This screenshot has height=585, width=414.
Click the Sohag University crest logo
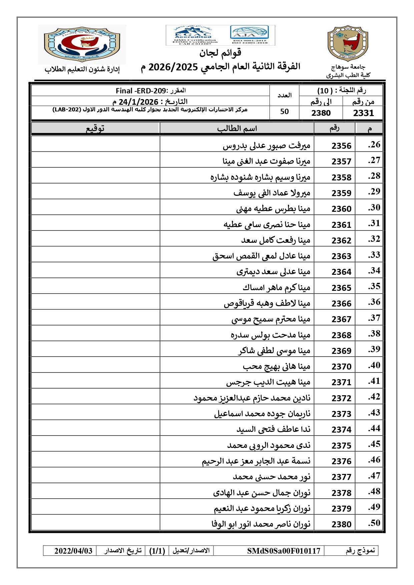pos(348,43)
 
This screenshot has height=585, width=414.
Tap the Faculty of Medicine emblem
pos(82,44)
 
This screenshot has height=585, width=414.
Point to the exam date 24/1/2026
pos(138,102)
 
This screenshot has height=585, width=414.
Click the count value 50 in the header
pos(284,112)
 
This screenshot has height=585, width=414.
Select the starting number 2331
pos(363,113)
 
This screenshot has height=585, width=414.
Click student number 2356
pos(341,146)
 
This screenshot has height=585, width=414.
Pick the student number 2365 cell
pos(341,288)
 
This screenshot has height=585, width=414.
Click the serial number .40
pos(374,366)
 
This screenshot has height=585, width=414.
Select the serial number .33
pos(374,255)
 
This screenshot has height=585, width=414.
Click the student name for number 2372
pos(252,398)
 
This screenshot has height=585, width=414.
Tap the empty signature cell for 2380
pos(95,524)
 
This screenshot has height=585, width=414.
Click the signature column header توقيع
pos(95,129)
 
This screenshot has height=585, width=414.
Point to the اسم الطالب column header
pos(237,129)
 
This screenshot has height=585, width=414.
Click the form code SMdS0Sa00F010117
pos(284,551)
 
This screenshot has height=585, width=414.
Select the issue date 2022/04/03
pos(73,551)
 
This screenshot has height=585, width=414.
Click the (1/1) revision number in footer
pos(157,551)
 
